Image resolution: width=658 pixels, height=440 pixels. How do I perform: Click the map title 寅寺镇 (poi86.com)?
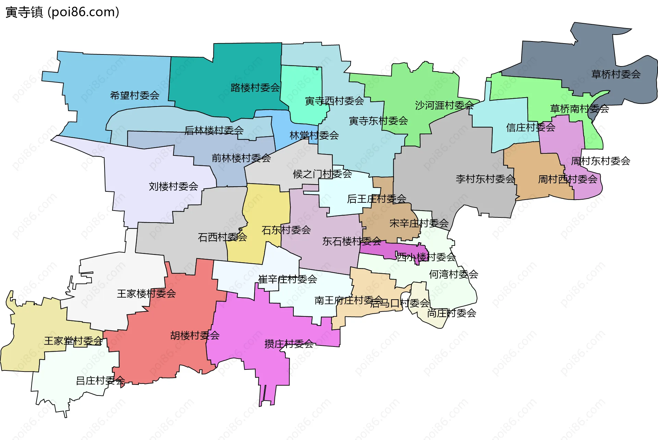click(62, 12)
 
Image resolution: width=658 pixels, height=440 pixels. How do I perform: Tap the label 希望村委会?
click(135, 96)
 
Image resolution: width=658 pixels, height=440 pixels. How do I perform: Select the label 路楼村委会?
click(255, 88)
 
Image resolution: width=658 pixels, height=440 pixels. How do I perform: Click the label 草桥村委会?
click(616, 74)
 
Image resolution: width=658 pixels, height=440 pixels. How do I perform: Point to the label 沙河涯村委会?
click(444, 105)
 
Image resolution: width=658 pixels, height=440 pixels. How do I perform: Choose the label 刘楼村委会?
click(173, 187)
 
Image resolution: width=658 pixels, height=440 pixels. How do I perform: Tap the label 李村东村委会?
click(485, 179)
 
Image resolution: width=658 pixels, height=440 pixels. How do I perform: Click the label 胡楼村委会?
click(195, 336)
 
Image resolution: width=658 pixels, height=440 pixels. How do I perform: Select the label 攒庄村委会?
click(289, 344)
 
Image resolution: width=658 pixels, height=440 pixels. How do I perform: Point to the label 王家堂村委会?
click(73, 341)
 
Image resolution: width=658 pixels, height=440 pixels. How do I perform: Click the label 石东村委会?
click(286, 230)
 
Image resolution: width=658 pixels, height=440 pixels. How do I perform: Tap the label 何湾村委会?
click(453, 274)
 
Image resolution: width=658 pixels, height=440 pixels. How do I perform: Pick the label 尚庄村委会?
click(451, 313)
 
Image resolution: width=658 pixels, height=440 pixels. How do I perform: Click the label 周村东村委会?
click(600, 161)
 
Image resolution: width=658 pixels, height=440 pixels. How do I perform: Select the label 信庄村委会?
click(531, 128)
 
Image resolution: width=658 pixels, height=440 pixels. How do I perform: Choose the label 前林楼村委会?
click(241, 158)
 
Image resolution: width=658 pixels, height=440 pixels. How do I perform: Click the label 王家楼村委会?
click(146, 294)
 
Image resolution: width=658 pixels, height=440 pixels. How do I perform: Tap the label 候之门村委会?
click(322, 174)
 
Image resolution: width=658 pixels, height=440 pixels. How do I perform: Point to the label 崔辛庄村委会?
click(288, 279)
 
